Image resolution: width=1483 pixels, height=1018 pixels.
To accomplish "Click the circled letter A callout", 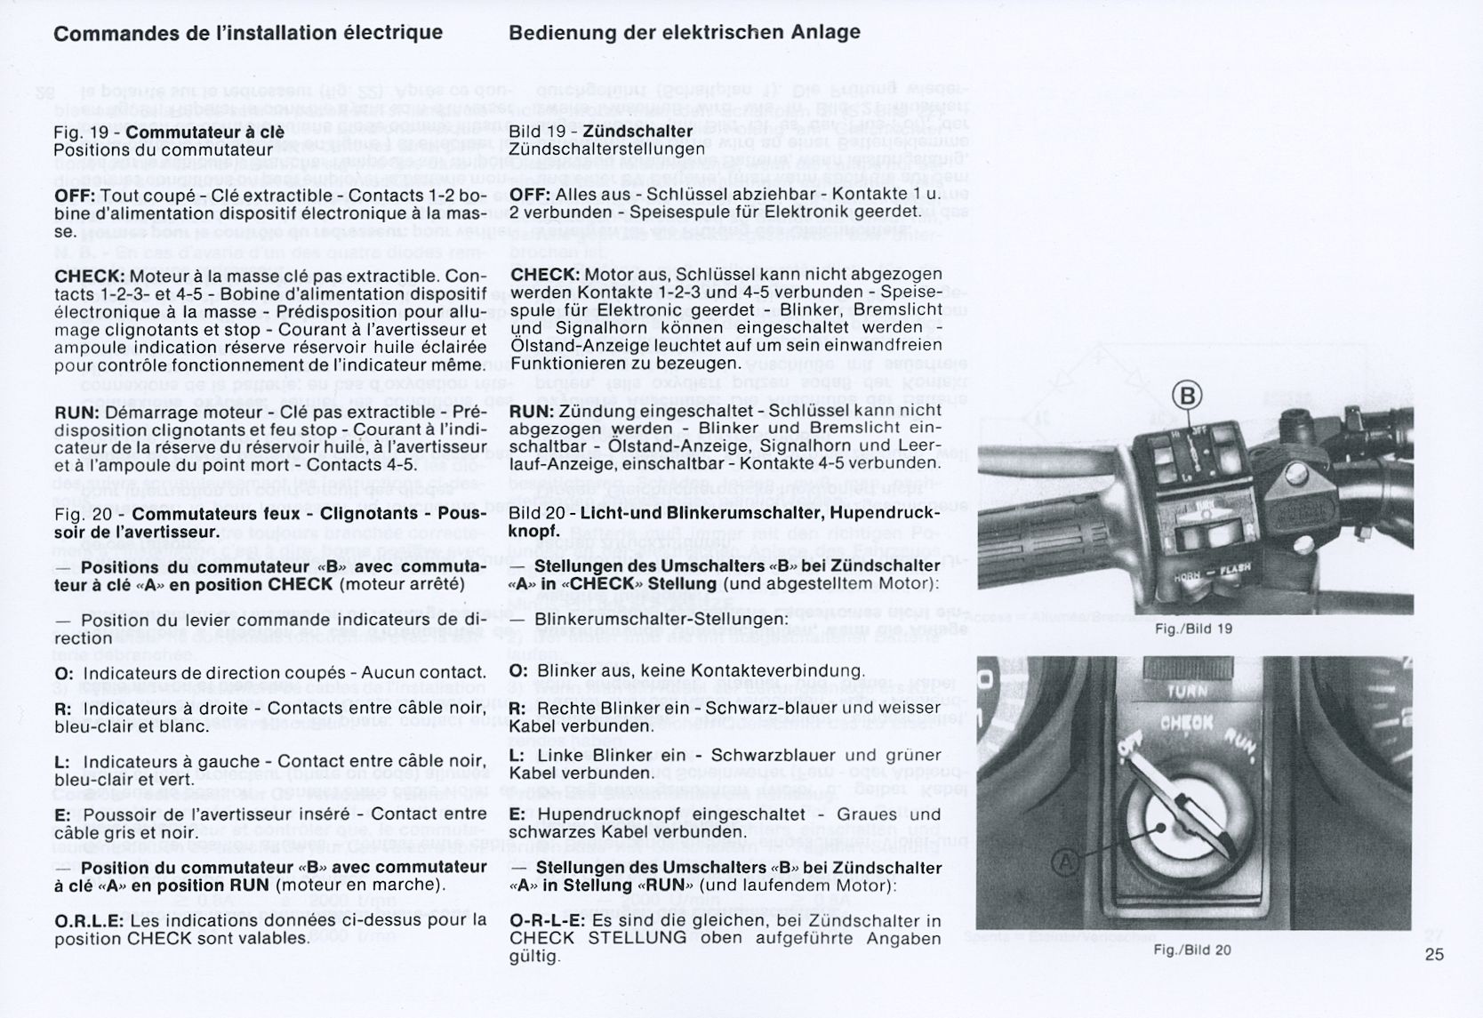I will pos(1067,862).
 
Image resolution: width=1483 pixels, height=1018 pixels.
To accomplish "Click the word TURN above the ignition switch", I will pos(1186,692).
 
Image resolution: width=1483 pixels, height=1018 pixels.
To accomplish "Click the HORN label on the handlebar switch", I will pos(1187,579).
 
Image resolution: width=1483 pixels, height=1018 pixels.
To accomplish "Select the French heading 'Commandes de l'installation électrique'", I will pos(248,33).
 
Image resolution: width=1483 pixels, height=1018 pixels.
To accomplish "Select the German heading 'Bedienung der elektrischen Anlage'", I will pos(685,33).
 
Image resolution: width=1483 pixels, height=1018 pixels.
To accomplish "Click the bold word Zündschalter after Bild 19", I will pos(637,132).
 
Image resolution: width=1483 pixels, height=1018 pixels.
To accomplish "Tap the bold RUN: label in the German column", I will pos(533,412).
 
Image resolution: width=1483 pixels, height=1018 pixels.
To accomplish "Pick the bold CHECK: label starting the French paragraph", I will pos(89,277).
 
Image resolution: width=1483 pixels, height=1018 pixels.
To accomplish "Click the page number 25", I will pos(1434,955).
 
